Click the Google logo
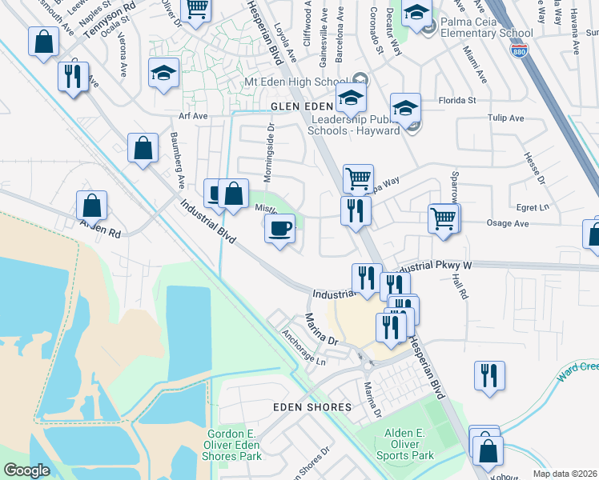27,470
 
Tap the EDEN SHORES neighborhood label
312,407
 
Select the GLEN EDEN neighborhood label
301,106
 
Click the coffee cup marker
279,229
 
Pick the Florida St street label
457,101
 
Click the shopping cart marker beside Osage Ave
443,218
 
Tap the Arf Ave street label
193,116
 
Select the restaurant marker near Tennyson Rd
73,77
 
